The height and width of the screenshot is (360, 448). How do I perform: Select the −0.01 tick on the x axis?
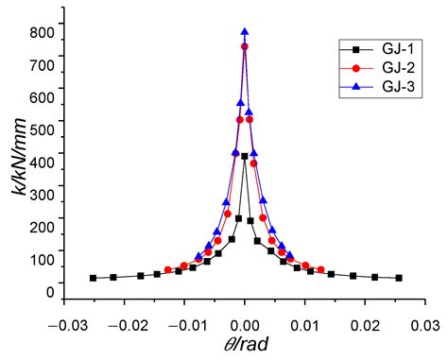(183, 324)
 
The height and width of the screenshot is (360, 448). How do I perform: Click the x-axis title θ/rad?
(245, 346)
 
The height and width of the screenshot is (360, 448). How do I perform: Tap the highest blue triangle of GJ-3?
(245, 32)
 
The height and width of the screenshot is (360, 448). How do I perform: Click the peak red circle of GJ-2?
(245, 46)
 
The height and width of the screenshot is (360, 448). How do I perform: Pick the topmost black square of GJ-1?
(245, 157)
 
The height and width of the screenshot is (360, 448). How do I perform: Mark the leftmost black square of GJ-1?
(93, 278)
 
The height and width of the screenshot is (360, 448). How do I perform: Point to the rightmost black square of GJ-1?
(399, 278)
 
